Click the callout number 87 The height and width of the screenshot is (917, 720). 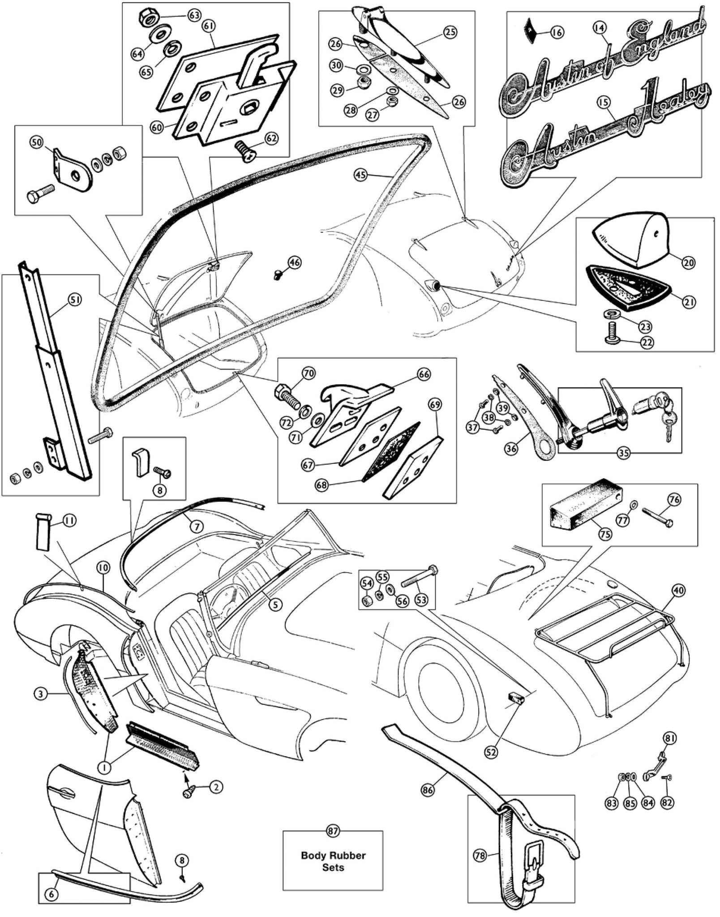tap(333, 831)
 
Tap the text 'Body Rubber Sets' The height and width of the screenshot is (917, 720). tap(333, 861)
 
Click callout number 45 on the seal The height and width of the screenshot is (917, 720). tap(361, 174)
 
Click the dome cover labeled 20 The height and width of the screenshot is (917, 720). tap(631, 245)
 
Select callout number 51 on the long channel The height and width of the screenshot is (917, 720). tap(75, 300)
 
